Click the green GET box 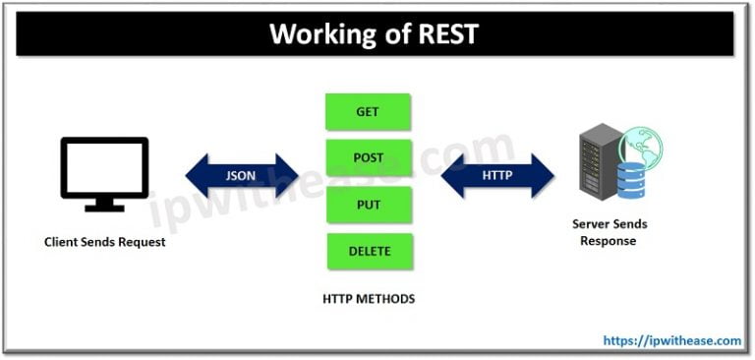pyautogui.click(x=368, y=112)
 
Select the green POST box pyautogui.click(x=368, y=157)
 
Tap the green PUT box pyautogui.click(x=368, y=204)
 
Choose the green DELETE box pyautogui.click(x=368, y=250)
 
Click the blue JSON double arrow pyautogui.click(x=242, y=175)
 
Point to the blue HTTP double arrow pyautogui.click(x=496, y=175)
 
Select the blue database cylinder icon pyautogui.click(x=630, y=181)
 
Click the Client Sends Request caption pyautogui.click(x=104, y=242)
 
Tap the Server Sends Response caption pyautogui.click(x=610, y=232)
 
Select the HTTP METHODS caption pyautogui.click(x=368, y=298)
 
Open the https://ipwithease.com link pyautogui.click(x=672, y=340)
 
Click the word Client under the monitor pyautogui.click(x=61, y=242)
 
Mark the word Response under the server pyautogui.click(x=610, y=241)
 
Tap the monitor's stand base pyautogui.click(x=104, y=208)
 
